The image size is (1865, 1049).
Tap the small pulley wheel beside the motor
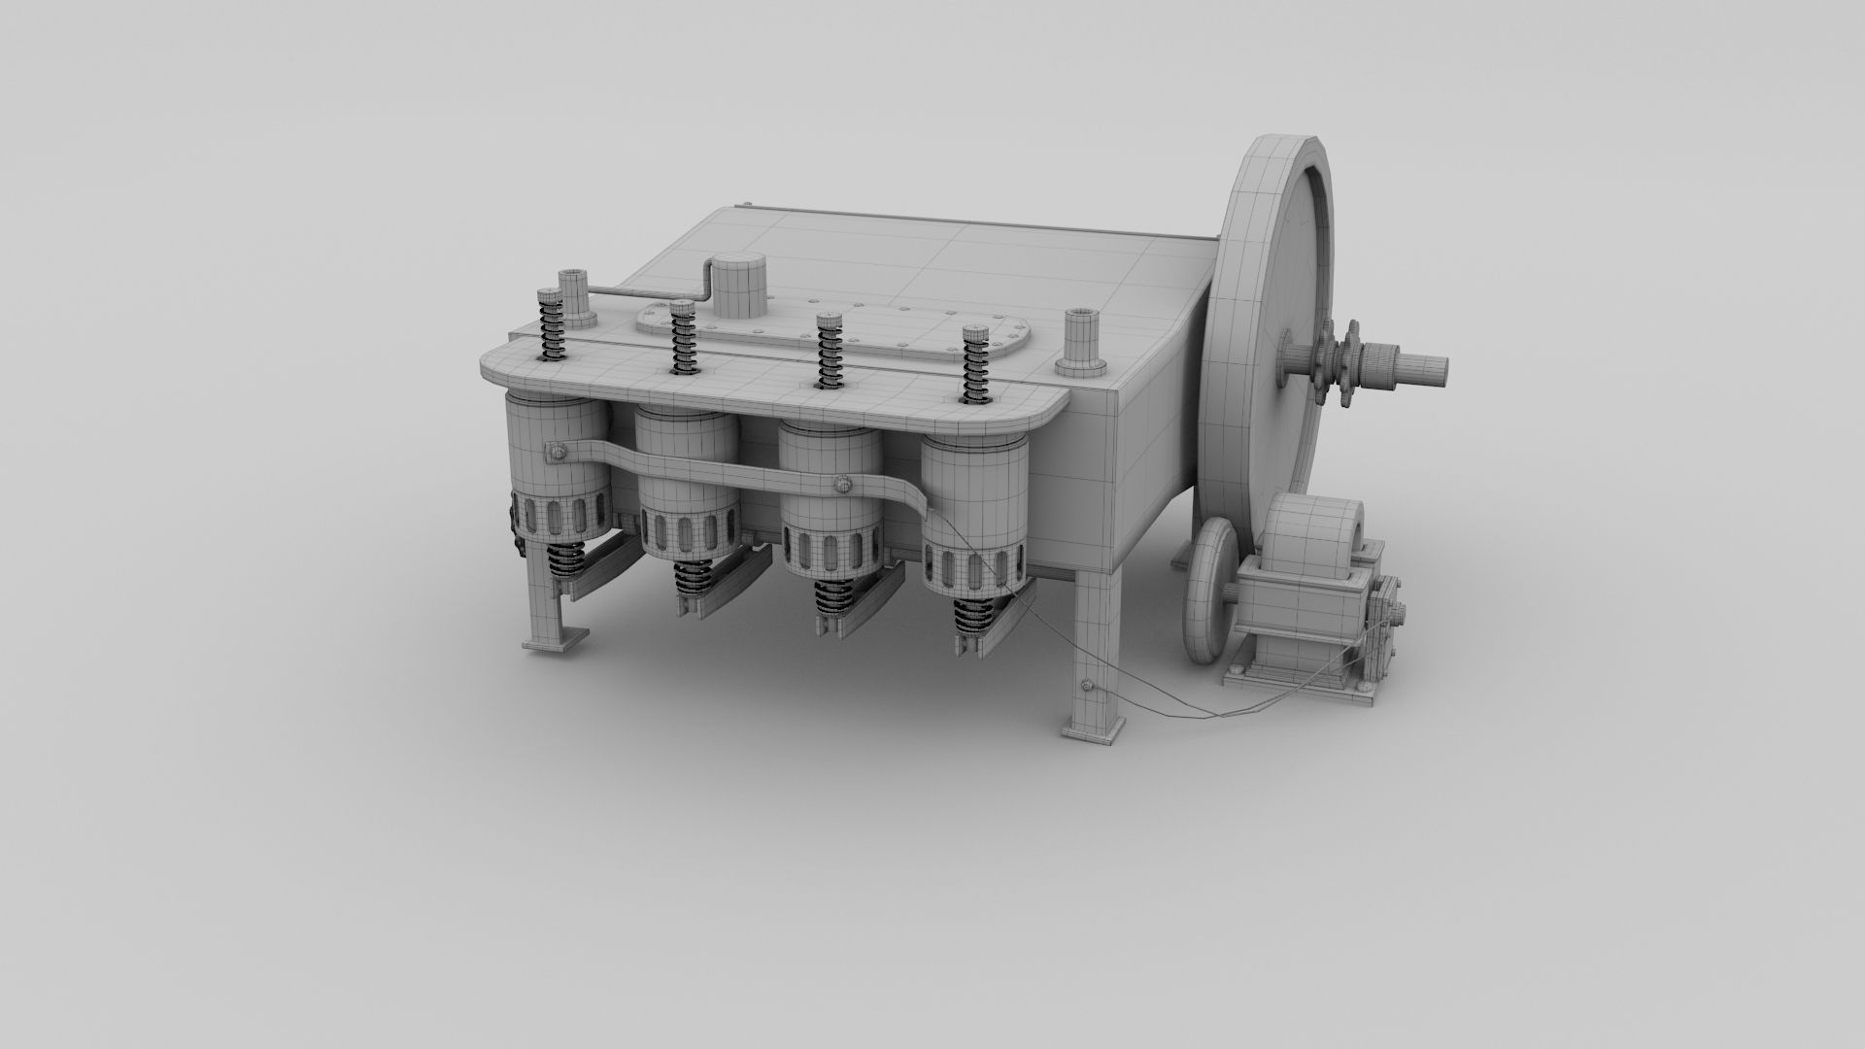1209,592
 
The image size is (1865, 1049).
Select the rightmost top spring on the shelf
974,365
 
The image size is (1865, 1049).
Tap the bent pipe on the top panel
651,289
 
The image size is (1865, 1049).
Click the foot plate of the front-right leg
1093,728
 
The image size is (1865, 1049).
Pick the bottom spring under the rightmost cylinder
972,615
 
